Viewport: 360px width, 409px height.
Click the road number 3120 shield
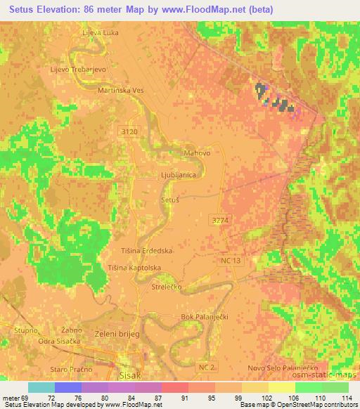click(129, 131)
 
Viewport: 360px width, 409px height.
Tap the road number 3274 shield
click(219, 221)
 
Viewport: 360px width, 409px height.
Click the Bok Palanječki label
click(206, 317)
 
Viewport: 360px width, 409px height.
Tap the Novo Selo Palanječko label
click(283, 368)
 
